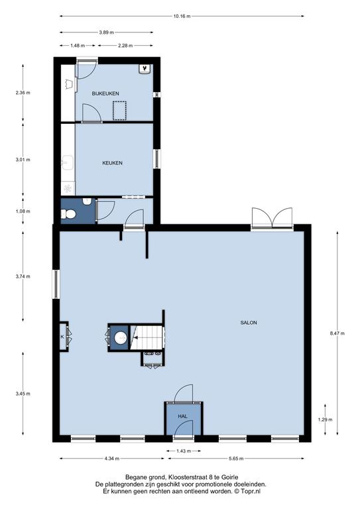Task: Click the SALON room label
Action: (249, 323)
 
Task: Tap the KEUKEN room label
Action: (112, 163)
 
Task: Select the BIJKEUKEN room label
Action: (105, 93)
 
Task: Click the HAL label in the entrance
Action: (183, 416)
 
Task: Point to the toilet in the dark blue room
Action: (68, 214)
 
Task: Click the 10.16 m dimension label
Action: (182, 16)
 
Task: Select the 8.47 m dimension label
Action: (337, 333)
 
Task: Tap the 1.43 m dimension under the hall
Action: (183, 451)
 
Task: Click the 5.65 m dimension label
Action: (235, 459)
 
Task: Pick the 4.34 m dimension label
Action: (111, 459)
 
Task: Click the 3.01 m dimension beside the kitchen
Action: (23, 160)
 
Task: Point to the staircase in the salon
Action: (147, 337)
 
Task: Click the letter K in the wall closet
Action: (62, 337)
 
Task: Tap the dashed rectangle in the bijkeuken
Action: (119, 111)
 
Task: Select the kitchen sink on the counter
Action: (68, 162)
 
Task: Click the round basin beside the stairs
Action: (121, 337)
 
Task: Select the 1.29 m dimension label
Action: (325, 420)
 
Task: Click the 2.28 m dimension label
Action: (125, 46)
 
